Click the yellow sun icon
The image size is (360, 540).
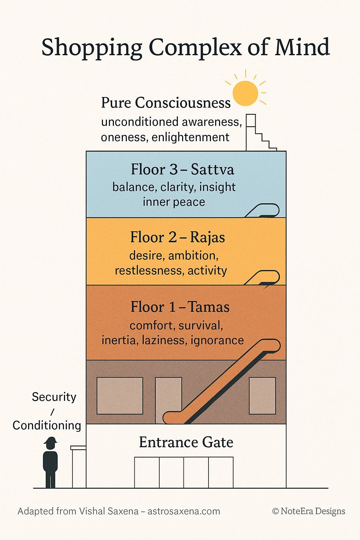point(245,93)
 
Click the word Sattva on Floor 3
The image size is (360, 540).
point(212,169)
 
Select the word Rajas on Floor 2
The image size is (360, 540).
point(207,237)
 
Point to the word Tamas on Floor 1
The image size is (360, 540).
point(208,307)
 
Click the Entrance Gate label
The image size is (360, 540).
point(186,442)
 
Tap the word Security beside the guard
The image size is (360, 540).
point(54,397)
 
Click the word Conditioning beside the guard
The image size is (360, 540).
point(47,425)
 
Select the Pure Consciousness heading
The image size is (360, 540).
point(166,103)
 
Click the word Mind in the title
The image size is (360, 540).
point(302,47)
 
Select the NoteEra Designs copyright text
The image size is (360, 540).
point(309,511)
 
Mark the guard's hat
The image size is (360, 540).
point(51,440)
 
